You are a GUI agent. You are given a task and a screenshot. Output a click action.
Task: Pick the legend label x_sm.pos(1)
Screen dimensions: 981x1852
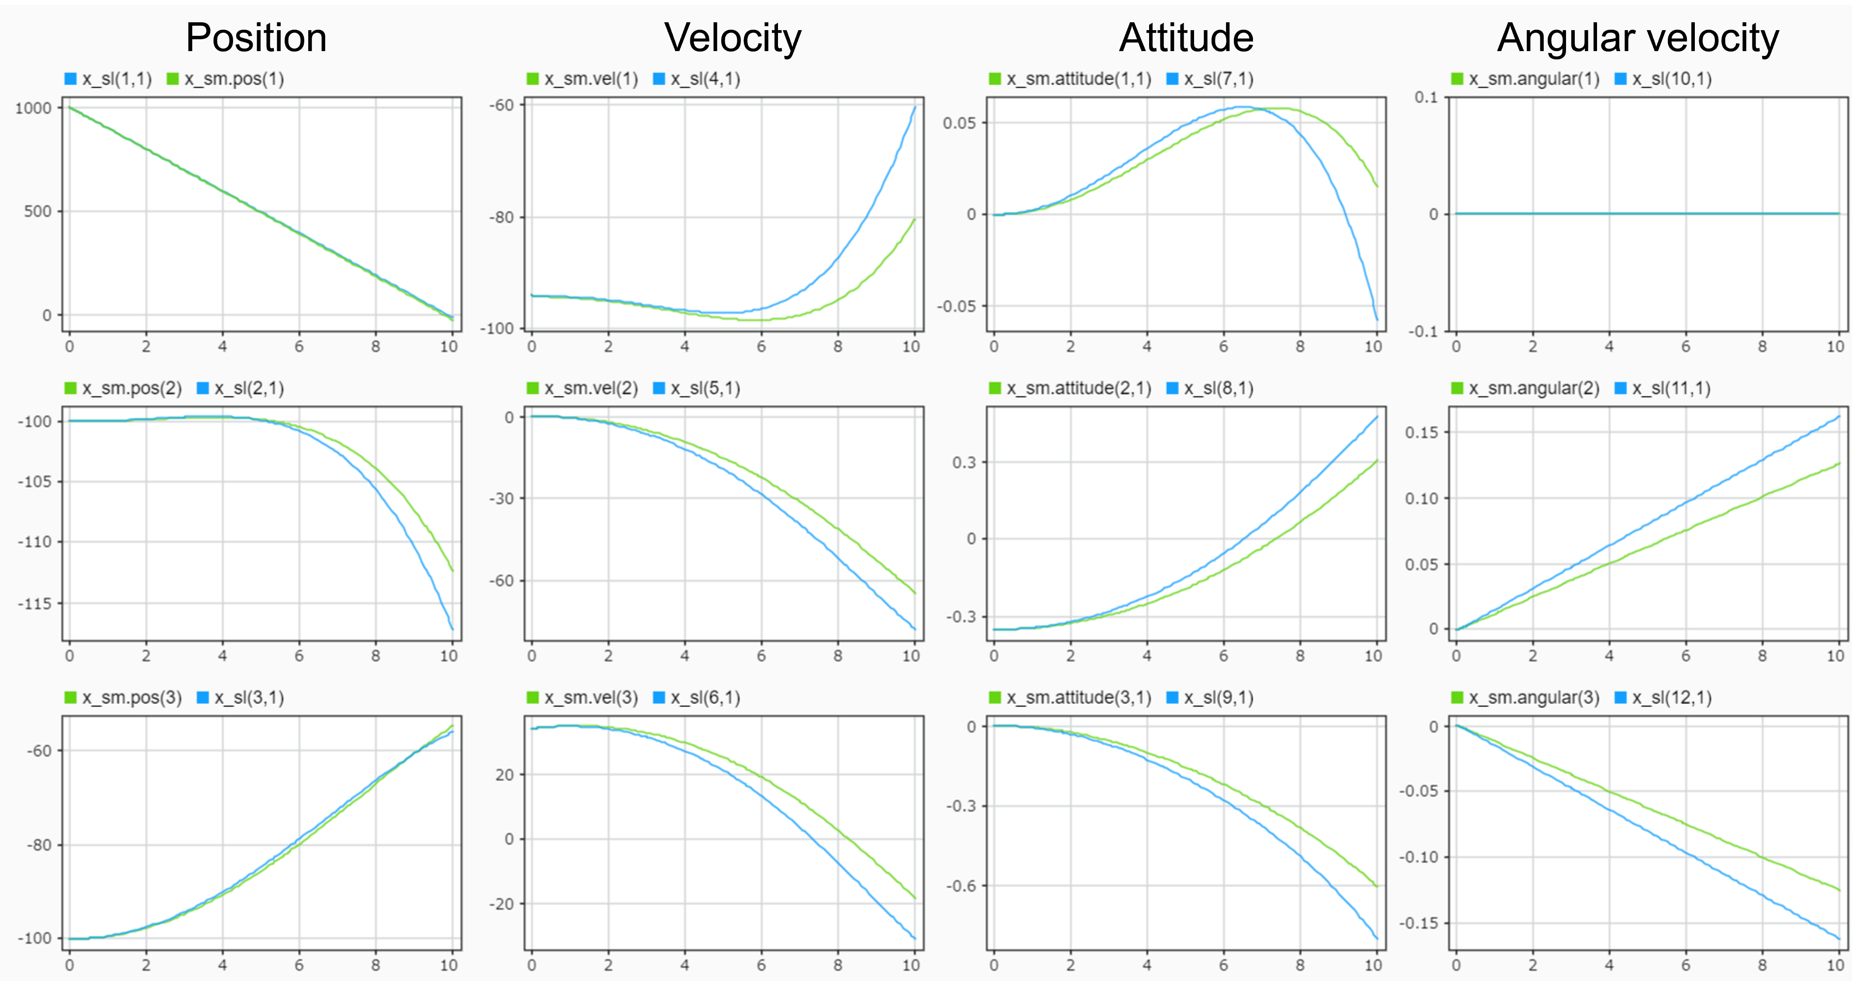234,79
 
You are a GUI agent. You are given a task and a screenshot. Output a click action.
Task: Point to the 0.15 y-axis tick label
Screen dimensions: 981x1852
1422,432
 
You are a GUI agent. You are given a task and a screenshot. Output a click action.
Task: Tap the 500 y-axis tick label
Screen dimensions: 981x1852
38,211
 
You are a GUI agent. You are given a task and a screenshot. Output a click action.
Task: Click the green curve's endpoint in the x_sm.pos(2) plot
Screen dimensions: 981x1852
453,572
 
